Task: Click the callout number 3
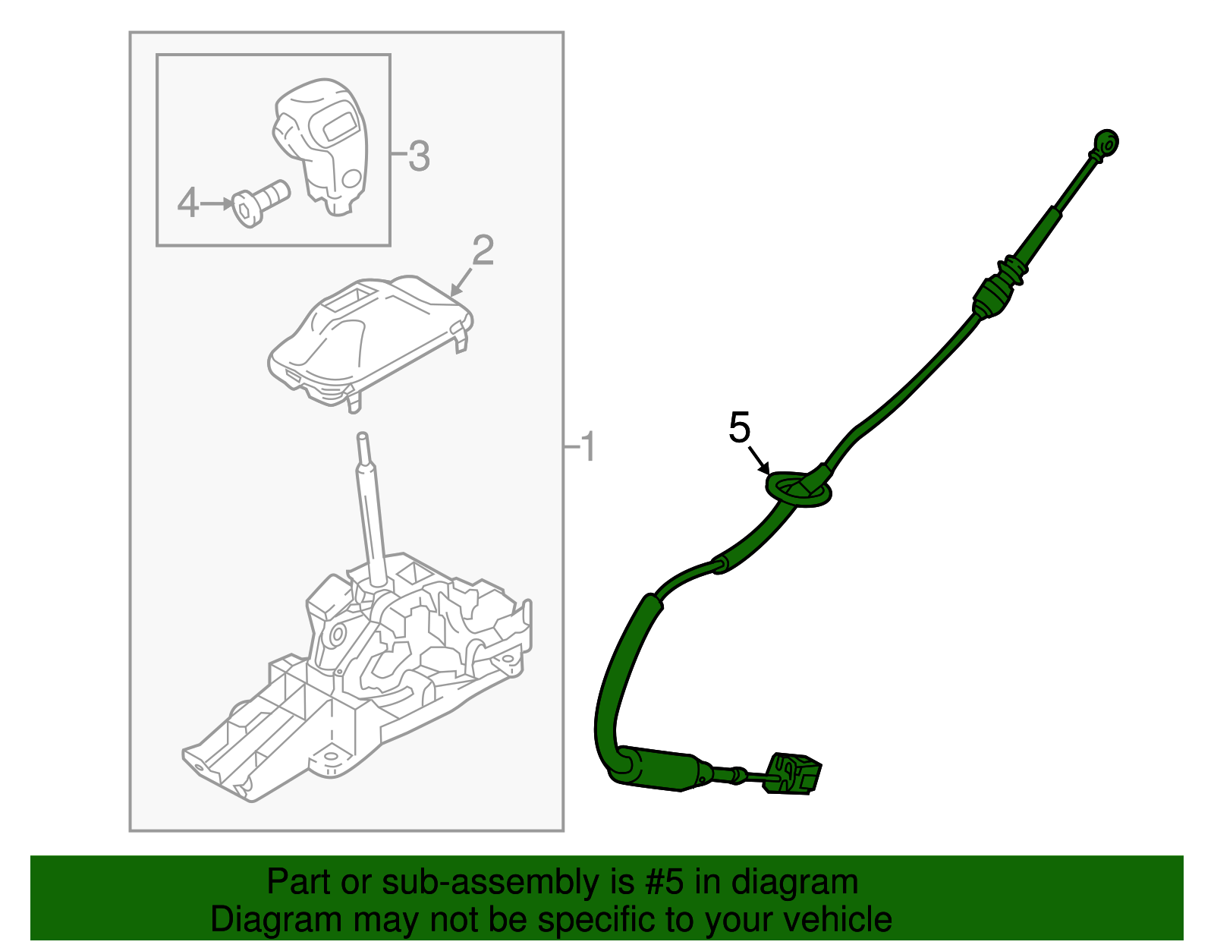[x=419, y=156]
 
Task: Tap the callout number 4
[x=187, y=203]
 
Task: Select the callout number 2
[x=483, y=250]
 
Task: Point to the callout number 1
[x=587, y=447]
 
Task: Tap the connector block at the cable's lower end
[x=794, y=774]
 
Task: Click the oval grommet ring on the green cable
[x=798, y=488]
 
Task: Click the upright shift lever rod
[x=371, y=509]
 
